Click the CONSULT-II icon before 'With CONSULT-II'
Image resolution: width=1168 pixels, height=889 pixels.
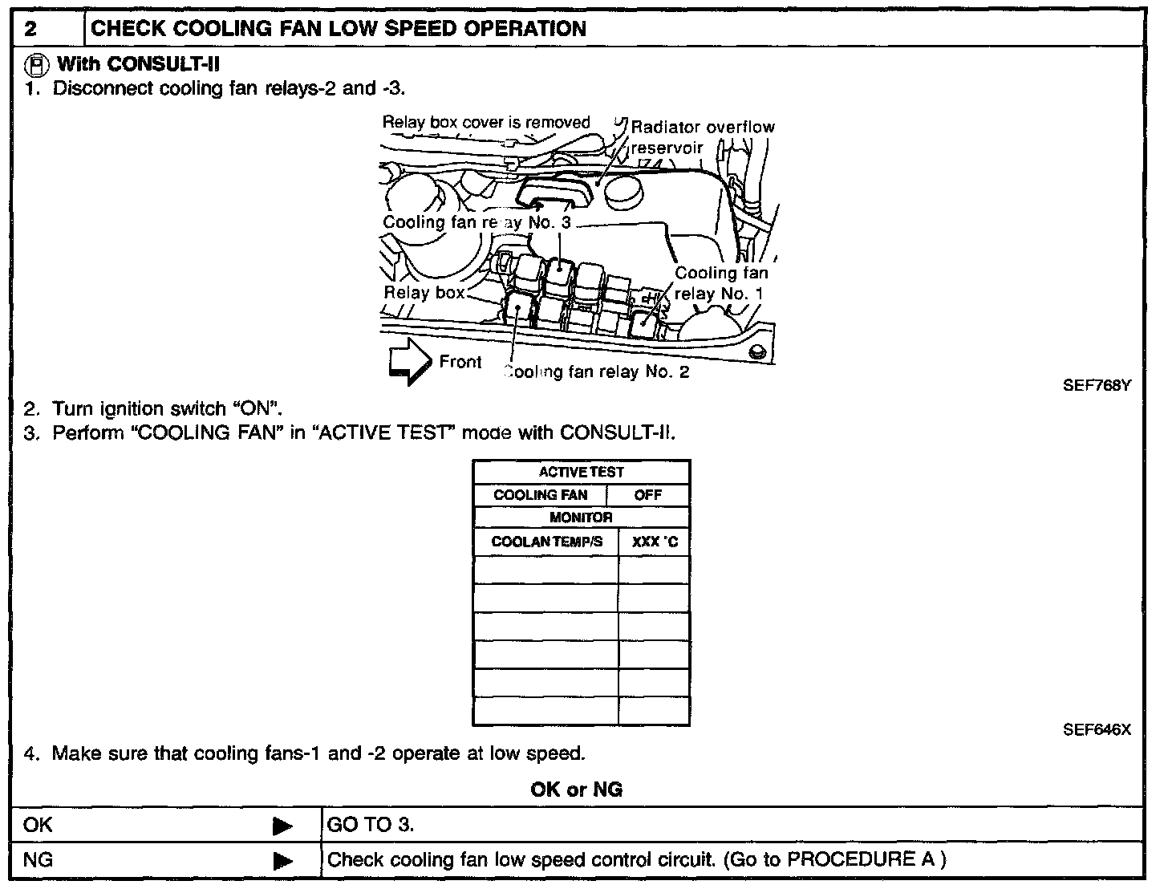coord(37,63)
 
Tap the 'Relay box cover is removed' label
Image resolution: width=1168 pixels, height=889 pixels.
coord(485,123)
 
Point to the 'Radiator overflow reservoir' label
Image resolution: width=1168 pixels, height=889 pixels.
coord(702,136)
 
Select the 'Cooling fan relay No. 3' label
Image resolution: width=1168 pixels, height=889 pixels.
coord(477,222)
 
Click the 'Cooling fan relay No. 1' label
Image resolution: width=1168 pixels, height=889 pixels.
coord(720,283)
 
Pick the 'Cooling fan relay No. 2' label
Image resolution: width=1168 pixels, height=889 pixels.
coord(596,371)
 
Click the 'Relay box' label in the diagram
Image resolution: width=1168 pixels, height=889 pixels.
coord(424,293)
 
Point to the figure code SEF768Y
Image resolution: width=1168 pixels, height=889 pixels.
coord(1097,385)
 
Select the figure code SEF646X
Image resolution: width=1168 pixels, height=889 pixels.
coord(1097,729)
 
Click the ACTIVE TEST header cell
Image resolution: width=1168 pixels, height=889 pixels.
coord(581,472)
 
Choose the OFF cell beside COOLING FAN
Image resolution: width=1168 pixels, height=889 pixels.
coord(647,495)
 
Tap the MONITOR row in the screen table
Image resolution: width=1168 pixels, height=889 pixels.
coord(581,518)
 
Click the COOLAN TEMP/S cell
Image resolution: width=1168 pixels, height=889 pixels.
coord(546,542)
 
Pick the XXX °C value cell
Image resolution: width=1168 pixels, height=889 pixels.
coord(654,542)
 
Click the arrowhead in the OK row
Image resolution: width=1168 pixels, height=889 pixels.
coord(282,826)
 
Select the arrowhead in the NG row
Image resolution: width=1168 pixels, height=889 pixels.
coord(282,861)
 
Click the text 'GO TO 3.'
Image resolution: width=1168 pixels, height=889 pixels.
coord(371,825)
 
